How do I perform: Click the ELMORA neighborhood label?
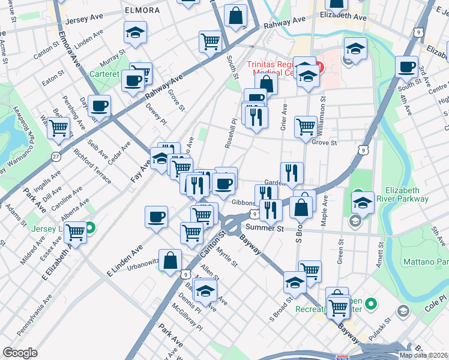pos(142,10)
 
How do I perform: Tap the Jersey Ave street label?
pos(85,19)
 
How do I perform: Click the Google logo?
pos(20,352)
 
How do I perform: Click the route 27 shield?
pos(56,157)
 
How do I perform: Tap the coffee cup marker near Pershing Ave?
pos(99,106)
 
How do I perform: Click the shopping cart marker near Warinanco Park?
pos(58,128)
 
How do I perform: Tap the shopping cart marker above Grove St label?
pos(306,127)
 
